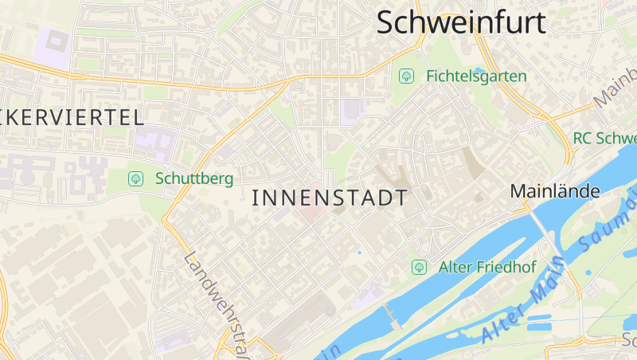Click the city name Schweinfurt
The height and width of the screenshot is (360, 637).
(461, 22)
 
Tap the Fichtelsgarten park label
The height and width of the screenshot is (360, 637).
(476, 76)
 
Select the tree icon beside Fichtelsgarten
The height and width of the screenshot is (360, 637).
(406, 76)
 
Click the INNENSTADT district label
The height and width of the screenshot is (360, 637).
(330, 198)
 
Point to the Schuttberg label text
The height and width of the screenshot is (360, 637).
(194, 178)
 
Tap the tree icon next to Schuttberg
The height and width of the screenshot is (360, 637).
(135, 178)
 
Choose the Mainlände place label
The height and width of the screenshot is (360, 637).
(554, 191)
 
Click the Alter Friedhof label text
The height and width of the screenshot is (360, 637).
(487, 267)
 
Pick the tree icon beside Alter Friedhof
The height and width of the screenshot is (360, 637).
(419, 267)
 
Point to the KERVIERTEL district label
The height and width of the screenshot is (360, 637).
(72, 118)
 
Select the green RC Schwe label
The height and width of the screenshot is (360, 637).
(604, 138)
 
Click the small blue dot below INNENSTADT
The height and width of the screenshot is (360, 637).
(359, 252)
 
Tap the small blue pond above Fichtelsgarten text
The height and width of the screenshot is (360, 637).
(479, 70)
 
